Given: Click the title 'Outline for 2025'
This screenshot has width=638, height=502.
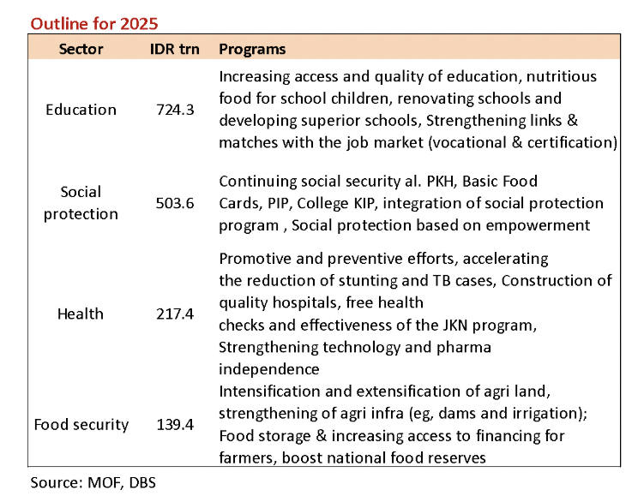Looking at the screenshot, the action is [x=94, y=24].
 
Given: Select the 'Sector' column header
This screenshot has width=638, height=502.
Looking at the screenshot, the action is [x=81, y=49].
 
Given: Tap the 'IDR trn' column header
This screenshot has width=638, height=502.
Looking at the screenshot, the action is [x=175, y=49].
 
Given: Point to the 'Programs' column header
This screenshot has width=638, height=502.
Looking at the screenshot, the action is [x=252, y=50].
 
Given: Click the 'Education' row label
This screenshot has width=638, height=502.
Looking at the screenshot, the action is [x=81, y=110].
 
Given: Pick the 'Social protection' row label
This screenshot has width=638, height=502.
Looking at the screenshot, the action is [x=81, y=203].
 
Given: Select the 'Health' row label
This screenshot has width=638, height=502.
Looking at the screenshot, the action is [x=81, y=314].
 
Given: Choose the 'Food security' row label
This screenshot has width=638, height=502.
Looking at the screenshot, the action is [x=81, y=425].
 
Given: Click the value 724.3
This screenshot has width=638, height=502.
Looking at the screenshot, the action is [x=175, y=110].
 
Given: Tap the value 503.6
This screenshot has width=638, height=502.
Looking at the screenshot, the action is [x=175, y=203].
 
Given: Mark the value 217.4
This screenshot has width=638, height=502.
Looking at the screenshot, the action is [x=175, y=314].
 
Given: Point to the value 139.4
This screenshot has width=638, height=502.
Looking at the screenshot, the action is [x=175, y=425].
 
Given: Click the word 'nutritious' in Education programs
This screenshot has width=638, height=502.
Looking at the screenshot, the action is [x=562, y=76].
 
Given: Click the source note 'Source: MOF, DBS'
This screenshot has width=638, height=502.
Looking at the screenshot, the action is [x=93, y=482].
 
